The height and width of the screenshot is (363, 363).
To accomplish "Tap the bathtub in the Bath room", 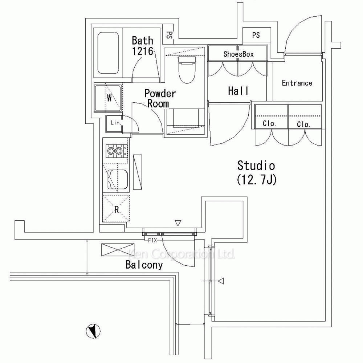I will (109, 53).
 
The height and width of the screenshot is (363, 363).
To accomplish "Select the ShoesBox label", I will (238, 54).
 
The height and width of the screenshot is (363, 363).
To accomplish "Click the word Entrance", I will (297, 83).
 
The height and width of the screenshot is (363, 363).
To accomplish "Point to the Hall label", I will (238, 91).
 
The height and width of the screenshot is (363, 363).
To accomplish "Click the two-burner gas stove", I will (116, 151).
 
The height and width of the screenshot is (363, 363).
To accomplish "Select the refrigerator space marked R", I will (116, 209).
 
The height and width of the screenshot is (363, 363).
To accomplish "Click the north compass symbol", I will (93, 330).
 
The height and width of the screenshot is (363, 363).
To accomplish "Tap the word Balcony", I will (144, 265).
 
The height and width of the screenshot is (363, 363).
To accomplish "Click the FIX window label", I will (152, 240).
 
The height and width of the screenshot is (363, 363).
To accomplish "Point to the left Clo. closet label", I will (270, 124).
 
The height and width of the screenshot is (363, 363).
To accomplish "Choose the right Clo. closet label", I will (303, 124).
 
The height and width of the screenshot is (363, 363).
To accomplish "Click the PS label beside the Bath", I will (169, 35).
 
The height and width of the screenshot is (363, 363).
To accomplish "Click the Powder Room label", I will (160, 98).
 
